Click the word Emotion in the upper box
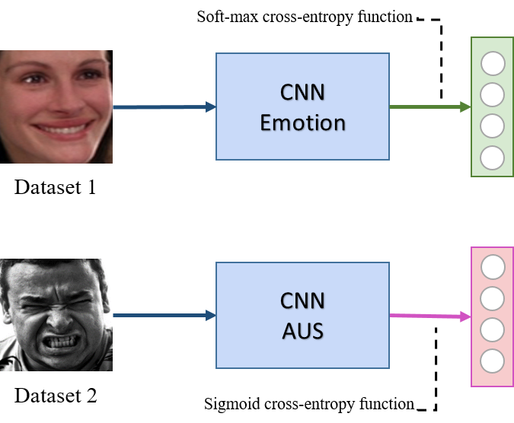pos(302,122)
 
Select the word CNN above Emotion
pos(302,93)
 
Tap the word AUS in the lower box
pos(302,330)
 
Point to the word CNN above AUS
pos(302,301)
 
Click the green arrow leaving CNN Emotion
pos(429,107)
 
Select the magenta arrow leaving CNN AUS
pos(429,316)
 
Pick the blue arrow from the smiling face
pos(164,107)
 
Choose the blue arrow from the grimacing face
pos(164,315)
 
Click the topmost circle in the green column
pos(493,64)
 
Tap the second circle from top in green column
pos(493,95)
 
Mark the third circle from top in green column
pos(493,126)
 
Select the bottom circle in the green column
pos(493,157)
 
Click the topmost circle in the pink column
pos(493,267)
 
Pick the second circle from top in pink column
pos(493,298)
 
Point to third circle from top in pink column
pos(493,329)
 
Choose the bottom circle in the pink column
pos(493,361)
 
